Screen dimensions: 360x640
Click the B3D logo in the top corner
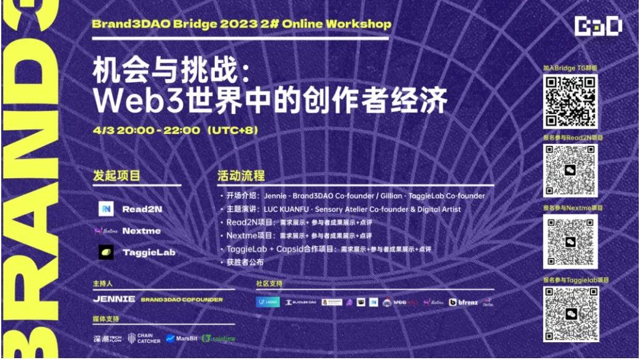point(598,26)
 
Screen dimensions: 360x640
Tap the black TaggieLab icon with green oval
point(105,252)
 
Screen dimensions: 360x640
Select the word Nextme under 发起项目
point(142,231)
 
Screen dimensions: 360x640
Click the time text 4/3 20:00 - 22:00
point(146,130)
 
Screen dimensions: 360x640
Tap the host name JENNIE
point(114,299)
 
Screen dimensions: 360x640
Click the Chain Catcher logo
point(143,337)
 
